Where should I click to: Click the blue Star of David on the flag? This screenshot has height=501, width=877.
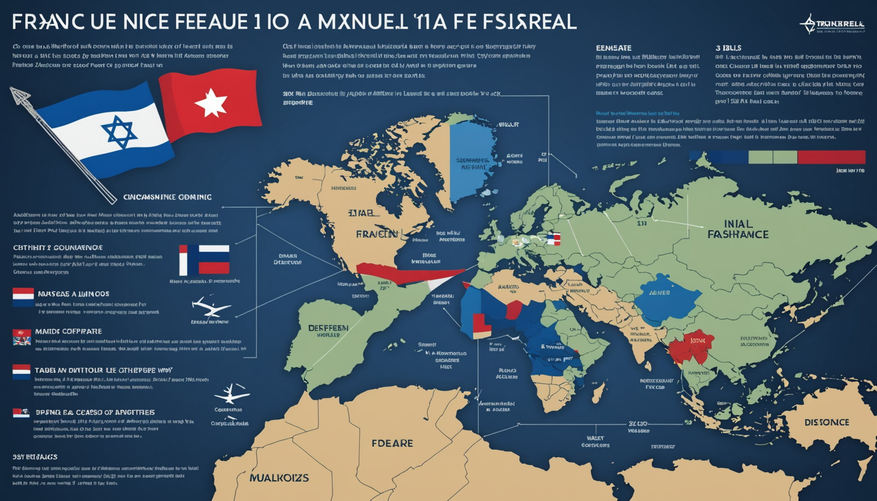coord(119,132)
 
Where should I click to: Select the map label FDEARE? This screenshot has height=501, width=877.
coord(392,443)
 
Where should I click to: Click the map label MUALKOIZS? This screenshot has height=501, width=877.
coord(279,478)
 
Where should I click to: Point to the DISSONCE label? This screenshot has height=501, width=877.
coord(827,422)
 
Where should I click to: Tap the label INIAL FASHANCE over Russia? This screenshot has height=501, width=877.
coord(738,229)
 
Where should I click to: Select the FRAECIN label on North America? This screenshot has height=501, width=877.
coord(377,234)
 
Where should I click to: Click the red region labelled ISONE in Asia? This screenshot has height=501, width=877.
coord(692,346)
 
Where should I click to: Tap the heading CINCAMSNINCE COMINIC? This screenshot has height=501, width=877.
coord(167,197)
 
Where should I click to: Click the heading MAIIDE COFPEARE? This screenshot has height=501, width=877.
coord(68,331)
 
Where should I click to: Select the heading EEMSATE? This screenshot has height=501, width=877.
coord(613,48)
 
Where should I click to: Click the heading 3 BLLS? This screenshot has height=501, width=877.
coord(728,48)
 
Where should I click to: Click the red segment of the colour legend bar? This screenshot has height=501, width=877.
coord(831,157)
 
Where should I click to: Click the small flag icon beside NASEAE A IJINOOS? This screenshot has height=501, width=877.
coord(23,297)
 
